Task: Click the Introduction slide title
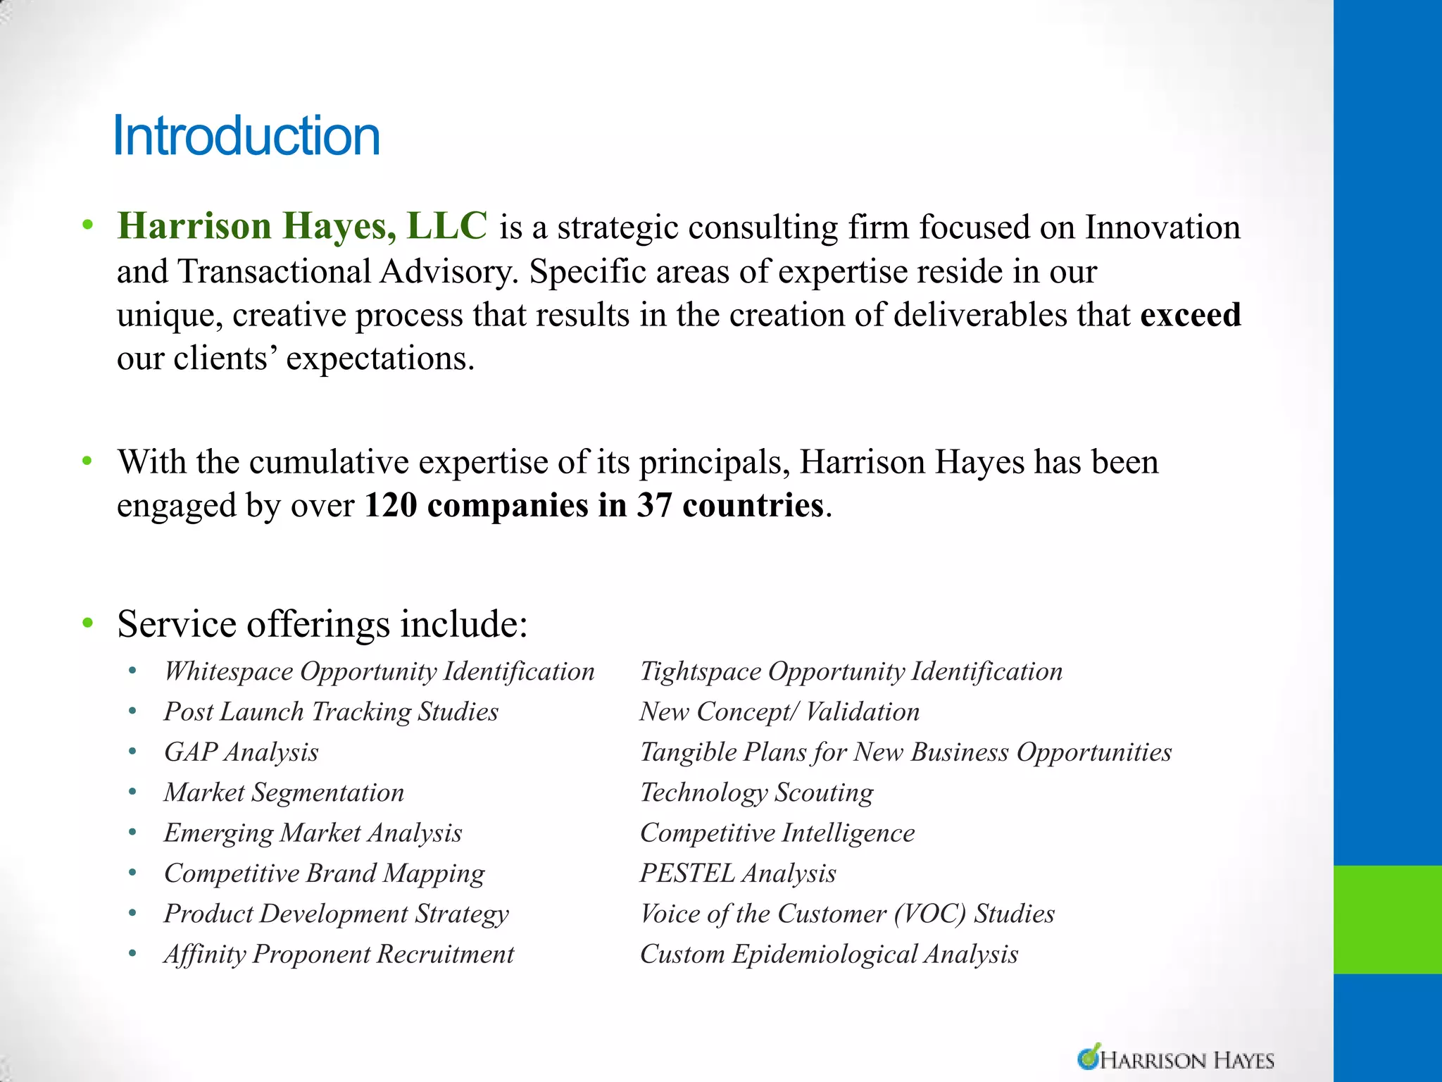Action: (246, 135)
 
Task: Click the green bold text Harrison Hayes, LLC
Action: (302, 227)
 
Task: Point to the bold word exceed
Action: (1190, 315)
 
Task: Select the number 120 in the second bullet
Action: (389, 506)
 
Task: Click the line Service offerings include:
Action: (322, 624)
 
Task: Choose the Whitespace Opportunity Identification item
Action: (380, 671)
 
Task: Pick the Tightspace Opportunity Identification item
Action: (851, 671)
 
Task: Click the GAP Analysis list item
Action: (242, 752)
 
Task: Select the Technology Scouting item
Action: (757, 792)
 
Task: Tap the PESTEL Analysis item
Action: (738, 873)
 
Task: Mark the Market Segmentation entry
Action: (284, 792)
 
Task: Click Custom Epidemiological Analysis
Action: (829, 954)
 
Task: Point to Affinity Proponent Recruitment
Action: (339, 954)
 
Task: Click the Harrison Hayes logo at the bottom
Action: (1176, 1059)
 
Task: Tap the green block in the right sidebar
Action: (1387, 919)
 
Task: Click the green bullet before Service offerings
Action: (87, 623)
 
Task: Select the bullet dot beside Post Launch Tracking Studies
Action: (133, 711)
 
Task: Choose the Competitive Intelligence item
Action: (777, 833)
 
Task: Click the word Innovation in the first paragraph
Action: (1162, 228)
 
